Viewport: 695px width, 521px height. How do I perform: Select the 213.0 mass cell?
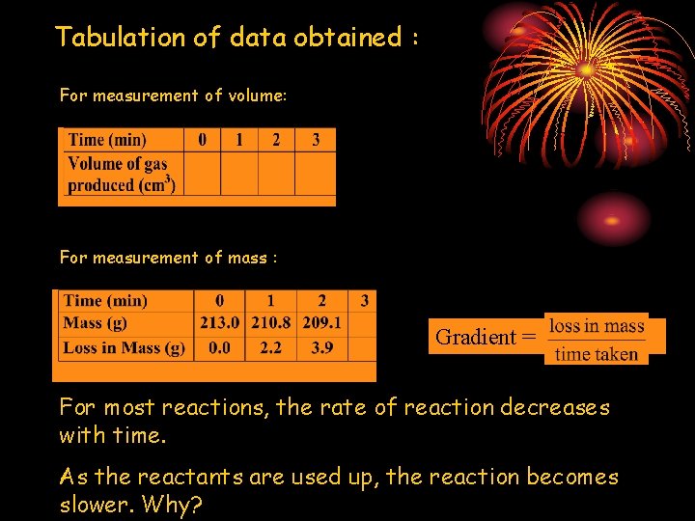[x=220, y=323]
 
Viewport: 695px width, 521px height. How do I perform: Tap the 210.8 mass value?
[x=270, y=323]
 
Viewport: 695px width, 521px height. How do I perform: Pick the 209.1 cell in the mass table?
[x=321, y=323]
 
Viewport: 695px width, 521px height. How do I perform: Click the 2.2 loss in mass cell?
[x=270, y=347]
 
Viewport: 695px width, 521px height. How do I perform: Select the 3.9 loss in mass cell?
[x=321, y=347]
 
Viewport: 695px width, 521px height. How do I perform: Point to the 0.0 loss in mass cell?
[x=220, y=347]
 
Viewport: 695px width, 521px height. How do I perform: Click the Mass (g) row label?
[x=95, y=323]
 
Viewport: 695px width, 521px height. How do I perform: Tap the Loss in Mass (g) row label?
[x=124, y=347]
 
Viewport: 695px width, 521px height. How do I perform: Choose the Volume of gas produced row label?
[x=121, y=175]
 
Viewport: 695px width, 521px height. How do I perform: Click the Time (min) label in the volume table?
[x=107, y=140]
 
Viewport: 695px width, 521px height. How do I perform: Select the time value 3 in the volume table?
[x=316, y=140]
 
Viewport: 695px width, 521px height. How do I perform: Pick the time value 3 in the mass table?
[x=364, y=301]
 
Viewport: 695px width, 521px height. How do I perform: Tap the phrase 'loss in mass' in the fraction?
[x=597, y=326]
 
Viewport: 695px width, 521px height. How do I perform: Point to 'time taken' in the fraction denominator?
[x=597, y=354]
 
